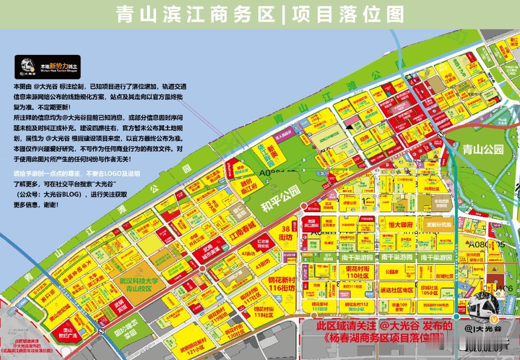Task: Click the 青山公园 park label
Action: [482, 150]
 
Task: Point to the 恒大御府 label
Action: [401, 225]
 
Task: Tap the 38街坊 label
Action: [286, 233]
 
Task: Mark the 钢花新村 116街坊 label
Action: [282, 284]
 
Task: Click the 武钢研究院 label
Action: [439, 225]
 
